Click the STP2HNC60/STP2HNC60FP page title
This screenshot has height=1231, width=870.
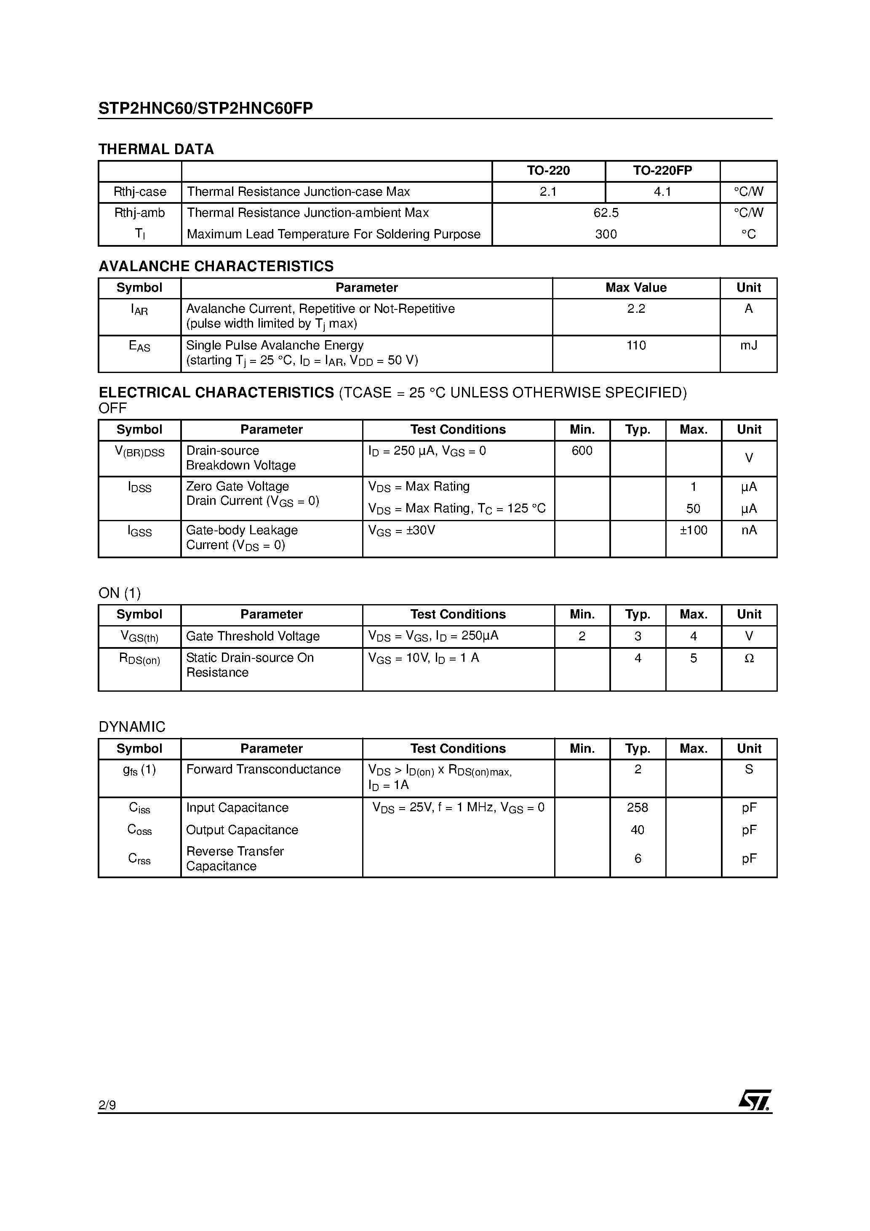[x=205, y=108]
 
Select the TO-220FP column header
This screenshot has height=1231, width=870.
[x=662, y=171]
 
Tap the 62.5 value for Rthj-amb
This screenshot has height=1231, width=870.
[x=606, y=213]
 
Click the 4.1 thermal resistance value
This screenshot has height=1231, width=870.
[x=662, y=192]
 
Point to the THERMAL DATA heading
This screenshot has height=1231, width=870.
[x=156, y=149]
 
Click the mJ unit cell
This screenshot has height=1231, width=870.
[x=748, y=345]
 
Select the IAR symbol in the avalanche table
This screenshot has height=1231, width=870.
[x=139, y=309]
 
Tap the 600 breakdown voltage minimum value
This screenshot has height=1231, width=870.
[x=582, y=451]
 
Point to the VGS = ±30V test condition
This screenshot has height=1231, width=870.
[x=402, y=531]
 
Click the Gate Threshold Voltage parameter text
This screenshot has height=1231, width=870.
[x=253, y=637]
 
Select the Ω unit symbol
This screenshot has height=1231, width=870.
[x=749, y=658]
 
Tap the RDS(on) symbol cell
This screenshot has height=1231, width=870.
[x=139, y=659]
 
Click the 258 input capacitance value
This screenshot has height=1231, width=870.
[x=637, y=807]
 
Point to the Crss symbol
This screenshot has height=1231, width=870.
[x=139, y=858]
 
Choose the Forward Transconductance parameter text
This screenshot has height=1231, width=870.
[x=263, y=770]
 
